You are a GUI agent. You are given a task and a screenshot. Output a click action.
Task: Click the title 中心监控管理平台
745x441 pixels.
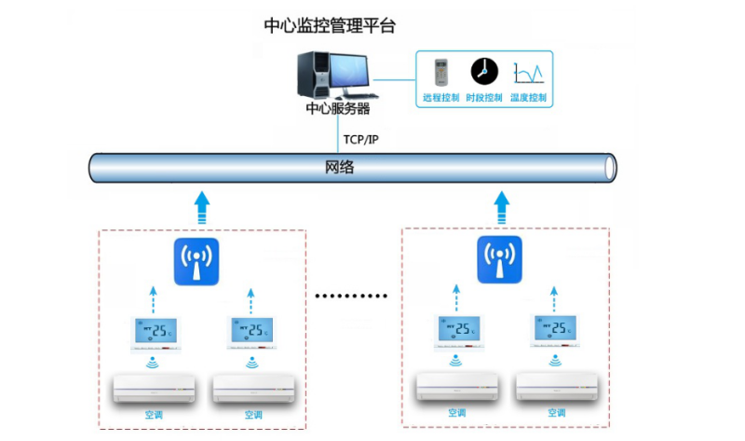click(330, 26)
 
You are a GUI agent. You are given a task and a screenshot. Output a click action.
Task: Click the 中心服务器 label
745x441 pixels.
click(338, 109)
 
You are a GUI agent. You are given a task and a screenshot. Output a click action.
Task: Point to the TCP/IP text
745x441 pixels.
click(360, 140)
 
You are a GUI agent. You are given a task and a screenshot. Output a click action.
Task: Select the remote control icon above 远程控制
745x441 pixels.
click(440, 72)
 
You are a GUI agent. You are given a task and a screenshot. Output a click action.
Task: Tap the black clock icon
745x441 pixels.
click(483, 71)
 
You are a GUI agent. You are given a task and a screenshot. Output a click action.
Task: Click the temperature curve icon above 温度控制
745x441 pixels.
click(527, 72)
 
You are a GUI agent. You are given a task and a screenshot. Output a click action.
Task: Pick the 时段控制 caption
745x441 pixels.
click(484, 97)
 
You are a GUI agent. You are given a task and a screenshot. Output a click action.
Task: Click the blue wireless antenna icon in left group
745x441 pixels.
click(196, 261)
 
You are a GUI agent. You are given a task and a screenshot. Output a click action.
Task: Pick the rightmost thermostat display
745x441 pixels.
click(557, 331)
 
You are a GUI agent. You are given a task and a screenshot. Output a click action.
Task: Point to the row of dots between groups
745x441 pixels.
click(351, 296)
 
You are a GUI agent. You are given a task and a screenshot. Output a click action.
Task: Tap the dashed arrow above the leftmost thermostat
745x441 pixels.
click(154, 300)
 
